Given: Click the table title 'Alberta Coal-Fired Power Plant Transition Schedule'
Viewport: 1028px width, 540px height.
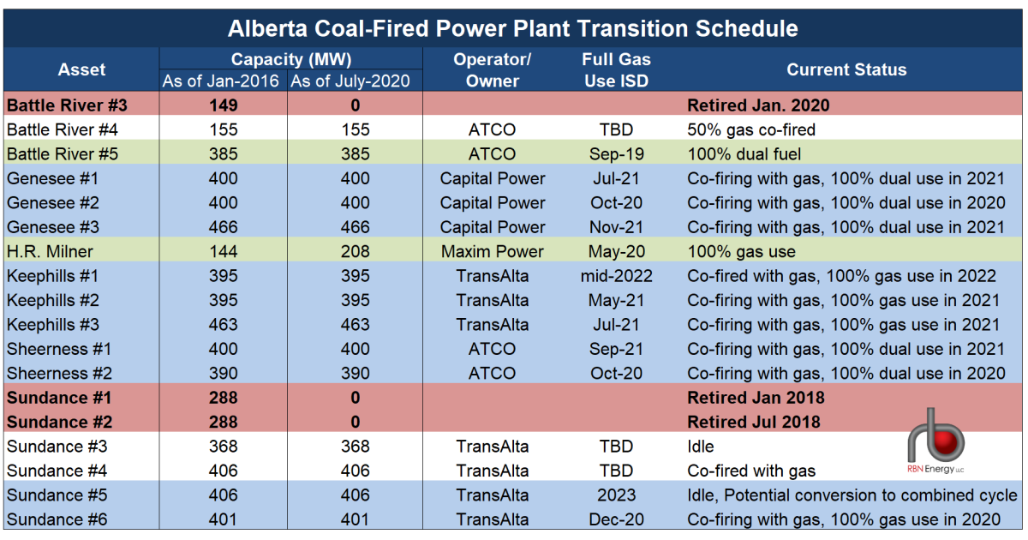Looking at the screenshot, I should [x=513, y=28].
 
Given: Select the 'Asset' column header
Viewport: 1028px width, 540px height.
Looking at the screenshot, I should [x=81, y=70].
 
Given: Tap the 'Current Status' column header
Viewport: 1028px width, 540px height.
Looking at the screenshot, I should [x=846, y=70].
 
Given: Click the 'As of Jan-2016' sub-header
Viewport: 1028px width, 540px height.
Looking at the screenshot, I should [x=223, y=81].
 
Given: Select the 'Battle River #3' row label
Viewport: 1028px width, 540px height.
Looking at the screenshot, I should [x=67, y=105].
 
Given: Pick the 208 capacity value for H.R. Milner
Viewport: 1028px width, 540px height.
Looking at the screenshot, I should [x=355, y=252].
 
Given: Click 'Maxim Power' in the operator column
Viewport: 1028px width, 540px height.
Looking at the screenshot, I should [x=493, y=252].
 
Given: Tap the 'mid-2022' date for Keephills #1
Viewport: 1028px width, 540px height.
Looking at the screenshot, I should [x=616, y=276].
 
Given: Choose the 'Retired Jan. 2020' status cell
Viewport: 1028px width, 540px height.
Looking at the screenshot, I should [x=758, y=105].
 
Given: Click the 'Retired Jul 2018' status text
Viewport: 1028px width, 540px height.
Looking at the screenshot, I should [x=754, y=422].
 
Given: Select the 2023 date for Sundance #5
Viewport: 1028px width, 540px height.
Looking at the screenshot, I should [x=616, y=495].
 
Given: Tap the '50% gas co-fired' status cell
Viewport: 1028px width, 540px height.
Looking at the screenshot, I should [x=750, y=130].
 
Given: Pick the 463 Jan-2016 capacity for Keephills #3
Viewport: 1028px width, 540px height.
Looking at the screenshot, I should [x=223, y=325].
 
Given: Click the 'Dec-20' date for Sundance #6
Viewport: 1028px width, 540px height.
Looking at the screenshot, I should [x=616, y=519].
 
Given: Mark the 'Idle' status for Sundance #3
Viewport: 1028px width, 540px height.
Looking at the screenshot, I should [x=701, y=447].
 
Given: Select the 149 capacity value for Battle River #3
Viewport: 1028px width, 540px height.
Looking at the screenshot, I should [x=223, y=105].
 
